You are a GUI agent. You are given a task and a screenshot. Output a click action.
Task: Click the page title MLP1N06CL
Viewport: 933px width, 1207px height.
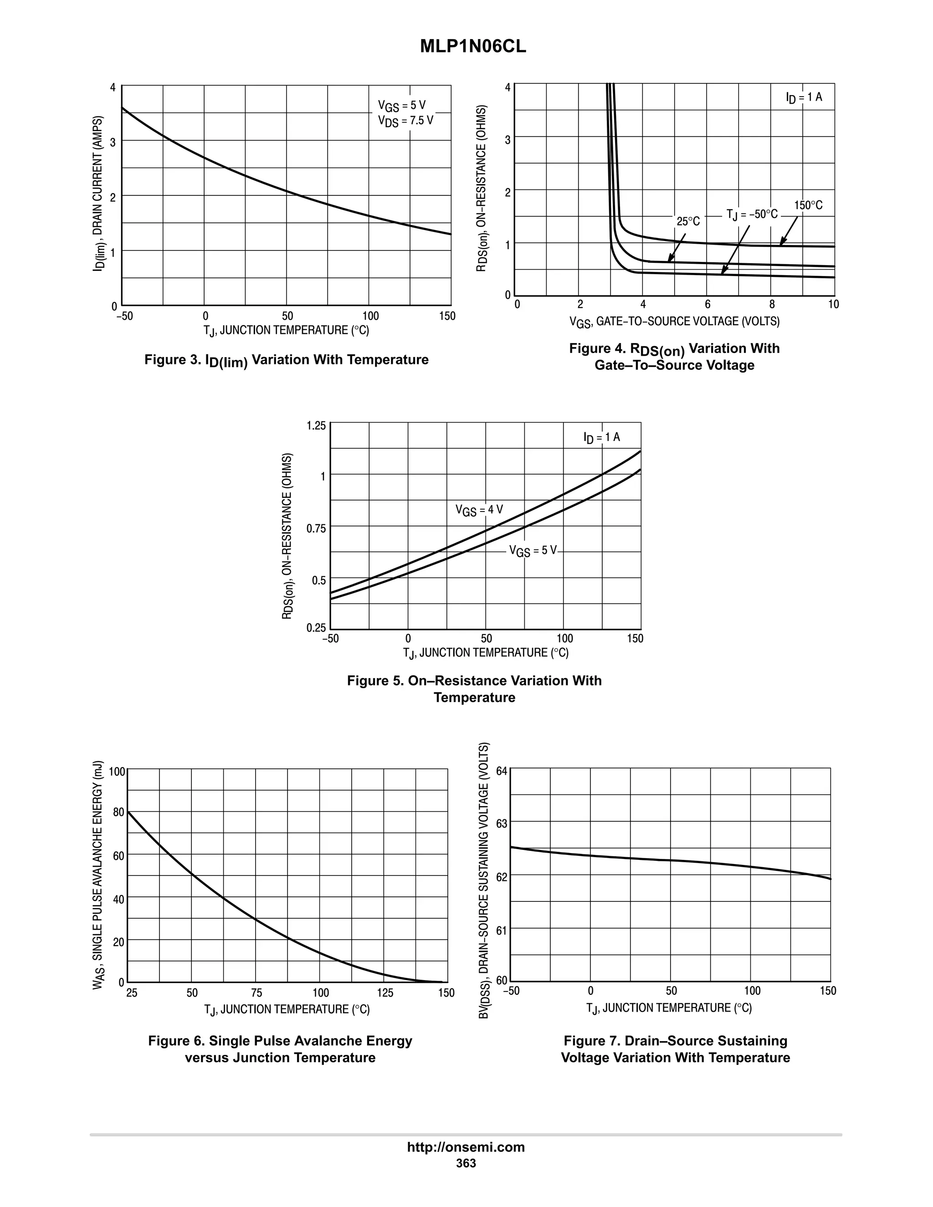click(473, 47)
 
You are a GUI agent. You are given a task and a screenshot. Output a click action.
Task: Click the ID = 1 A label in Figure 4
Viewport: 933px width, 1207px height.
click(804, 97)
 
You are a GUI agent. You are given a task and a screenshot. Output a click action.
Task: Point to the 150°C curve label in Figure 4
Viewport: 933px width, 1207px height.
click(808, 205)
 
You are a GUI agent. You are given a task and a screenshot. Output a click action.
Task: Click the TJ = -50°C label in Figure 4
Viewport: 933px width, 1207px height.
click(751, 215)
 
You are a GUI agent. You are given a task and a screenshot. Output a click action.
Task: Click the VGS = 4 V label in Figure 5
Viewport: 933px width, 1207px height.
click(479, 510)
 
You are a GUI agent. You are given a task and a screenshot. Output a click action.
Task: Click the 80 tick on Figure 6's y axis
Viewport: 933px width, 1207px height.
click(118, 813)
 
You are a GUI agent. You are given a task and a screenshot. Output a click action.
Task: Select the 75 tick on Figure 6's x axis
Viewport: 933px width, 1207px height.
click(256, 992)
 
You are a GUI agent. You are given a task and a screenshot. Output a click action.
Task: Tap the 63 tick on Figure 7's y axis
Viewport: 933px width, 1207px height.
click(501, 824)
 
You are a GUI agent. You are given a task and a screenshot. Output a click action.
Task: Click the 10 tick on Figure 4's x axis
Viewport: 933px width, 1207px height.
click(833, 305)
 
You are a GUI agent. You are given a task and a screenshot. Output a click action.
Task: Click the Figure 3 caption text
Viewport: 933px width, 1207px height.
click(286, 360)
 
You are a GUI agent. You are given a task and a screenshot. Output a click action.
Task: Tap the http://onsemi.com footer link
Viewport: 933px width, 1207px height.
click(466, 1147)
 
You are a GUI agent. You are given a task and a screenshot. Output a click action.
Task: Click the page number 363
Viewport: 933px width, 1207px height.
click(466, 1163)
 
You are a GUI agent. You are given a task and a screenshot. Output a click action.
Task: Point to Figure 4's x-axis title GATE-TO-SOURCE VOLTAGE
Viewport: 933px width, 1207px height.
click(674, 322)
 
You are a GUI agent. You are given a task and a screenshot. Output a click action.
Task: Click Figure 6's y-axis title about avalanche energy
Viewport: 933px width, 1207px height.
click(98, 879)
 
